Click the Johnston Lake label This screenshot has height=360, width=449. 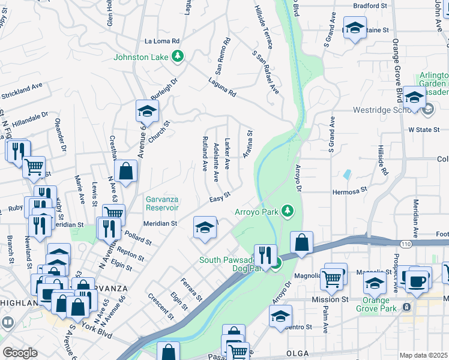(142, 58)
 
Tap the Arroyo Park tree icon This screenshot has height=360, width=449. (289, 211)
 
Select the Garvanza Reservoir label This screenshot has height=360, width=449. (162, 203)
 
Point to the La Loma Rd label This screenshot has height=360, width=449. (162, 41)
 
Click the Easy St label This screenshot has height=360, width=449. (220, 199)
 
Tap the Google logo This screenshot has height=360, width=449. (20, 353)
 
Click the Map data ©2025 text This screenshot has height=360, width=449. (423, 355)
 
